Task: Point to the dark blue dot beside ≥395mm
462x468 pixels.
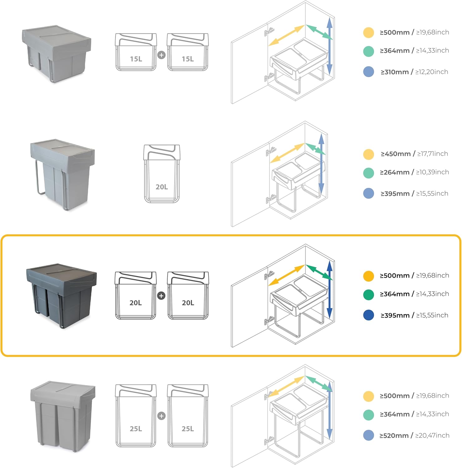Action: pyautogui.click(x=368, y=315)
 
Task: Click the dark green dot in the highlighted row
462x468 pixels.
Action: pyautogui.click(x=368, y=295)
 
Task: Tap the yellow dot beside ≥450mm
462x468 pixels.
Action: pyautogui.click(x=368, y=154)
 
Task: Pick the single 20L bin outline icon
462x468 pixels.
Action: pyautogui.click(x=161, y=173)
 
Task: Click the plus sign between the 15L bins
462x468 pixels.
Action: pyautogui.click(x=161, y=55)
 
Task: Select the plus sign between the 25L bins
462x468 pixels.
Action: pyautogui.click(x=161, y=416)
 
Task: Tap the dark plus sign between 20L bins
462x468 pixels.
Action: pyautogui.click(x=161, y=295)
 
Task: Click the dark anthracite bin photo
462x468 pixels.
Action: pyautogui.click(x=61, y=295)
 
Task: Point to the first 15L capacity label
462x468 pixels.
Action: pyautogui.click(x=136, y=59)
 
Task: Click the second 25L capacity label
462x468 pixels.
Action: pyautogui.click(x=188, y=429)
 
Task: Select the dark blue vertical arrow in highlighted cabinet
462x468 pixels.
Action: pyautogui.click(x=330, y=290)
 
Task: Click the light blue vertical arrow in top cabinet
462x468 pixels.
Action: pyautogui.click(x=330, y=46)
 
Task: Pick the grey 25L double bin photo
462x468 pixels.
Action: pyautogui.click(x=63, y=416)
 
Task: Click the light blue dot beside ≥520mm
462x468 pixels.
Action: pyautogui.click(x=368, y=435)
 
